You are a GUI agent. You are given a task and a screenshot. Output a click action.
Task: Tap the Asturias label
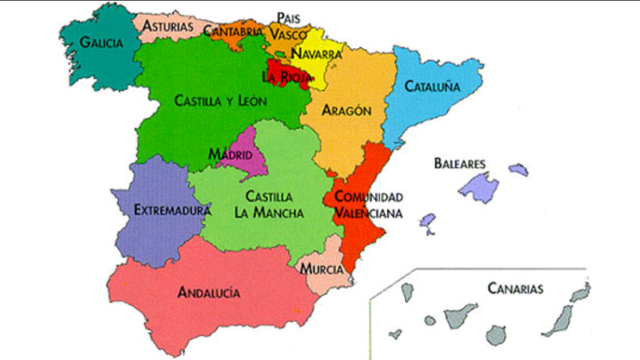pos(168,25)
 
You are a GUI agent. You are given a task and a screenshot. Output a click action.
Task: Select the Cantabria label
pos(233,31)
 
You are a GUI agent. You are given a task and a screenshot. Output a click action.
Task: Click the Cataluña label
pos(432,87)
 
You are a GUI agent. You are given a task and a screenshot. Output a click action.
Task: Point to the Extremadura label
pos(173,211)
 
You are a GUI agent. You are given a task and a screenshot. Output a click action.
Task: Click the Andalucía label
pos(208,293)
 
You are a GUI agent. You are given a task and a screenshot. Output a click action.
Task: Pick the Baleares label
pos(460,163)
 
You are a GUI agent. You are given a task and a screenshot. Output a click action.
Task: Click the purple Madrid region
pos(248,162)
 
